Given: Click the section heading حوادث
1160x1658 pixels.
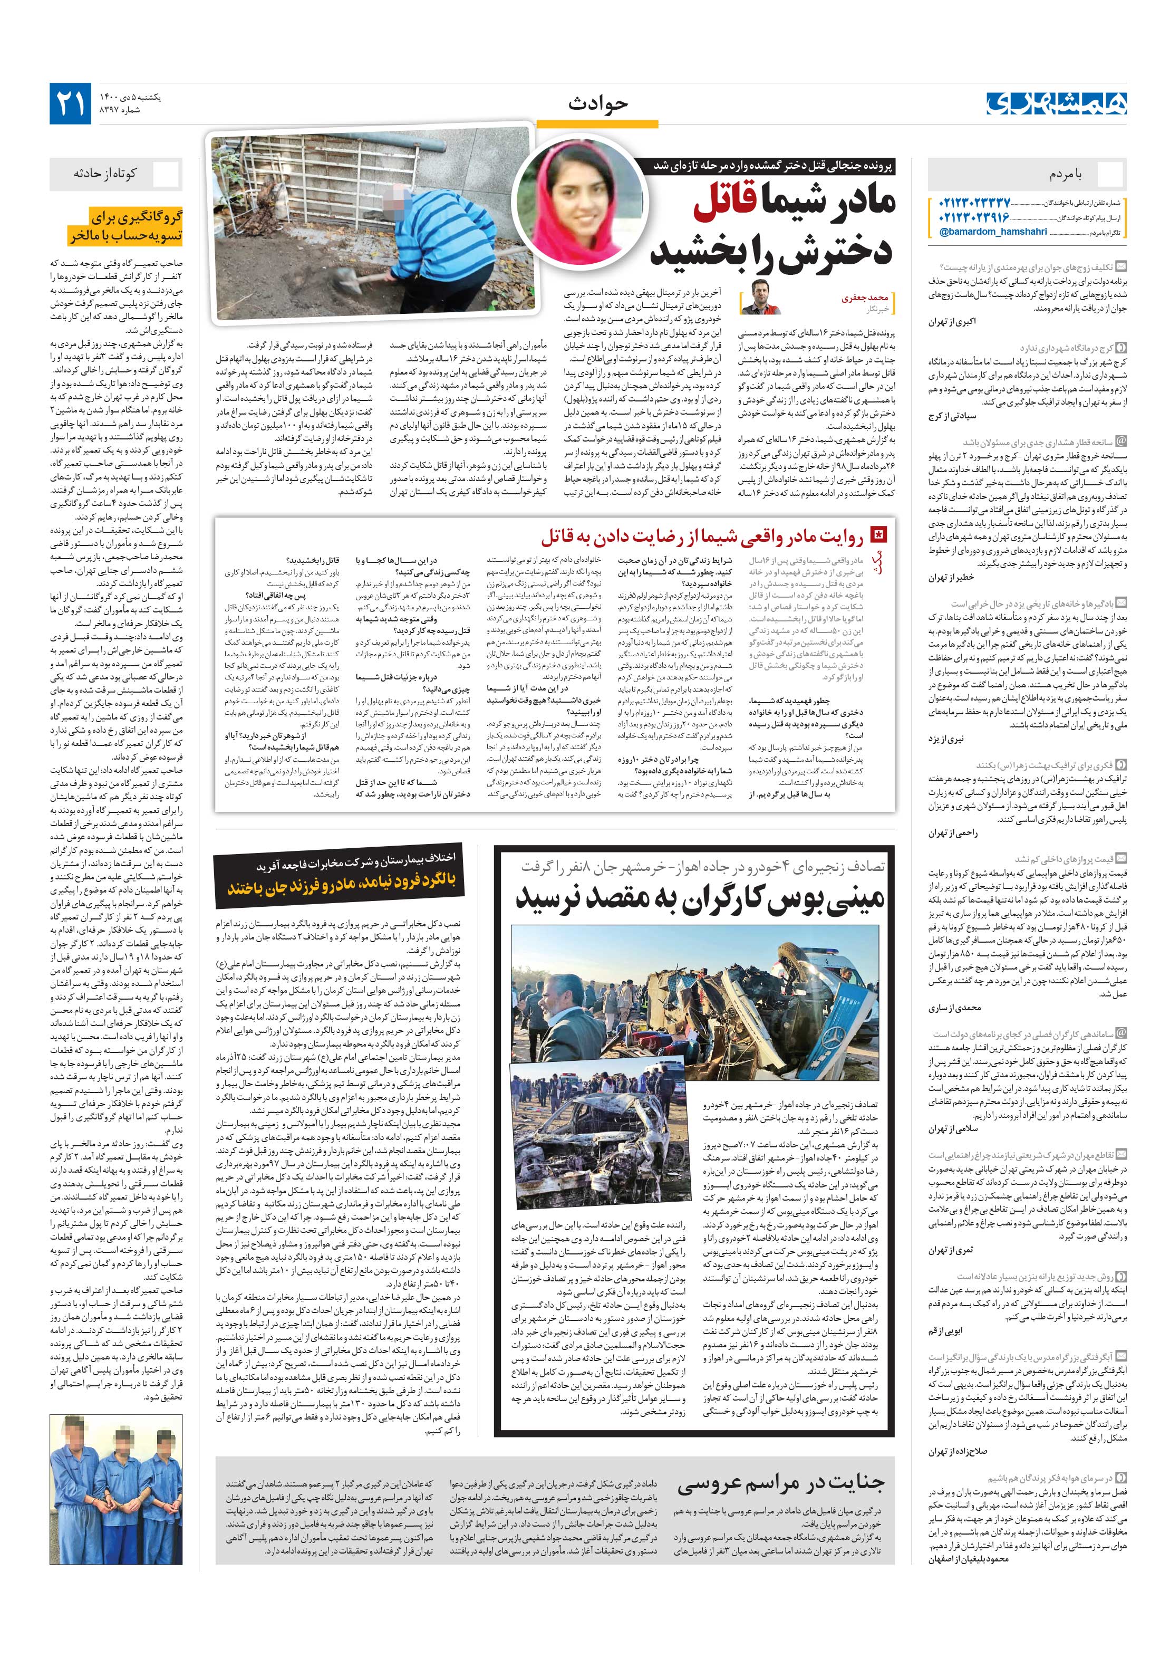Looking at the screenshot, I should (x=598, y=104).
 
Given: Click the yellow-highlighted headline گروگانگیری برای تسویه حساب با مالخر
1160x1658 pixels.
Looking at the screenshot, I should (x=127, y=226).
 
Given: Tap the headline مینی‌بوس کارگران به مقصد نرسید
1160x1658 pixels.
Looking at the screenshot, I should (x=700, y=898).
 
